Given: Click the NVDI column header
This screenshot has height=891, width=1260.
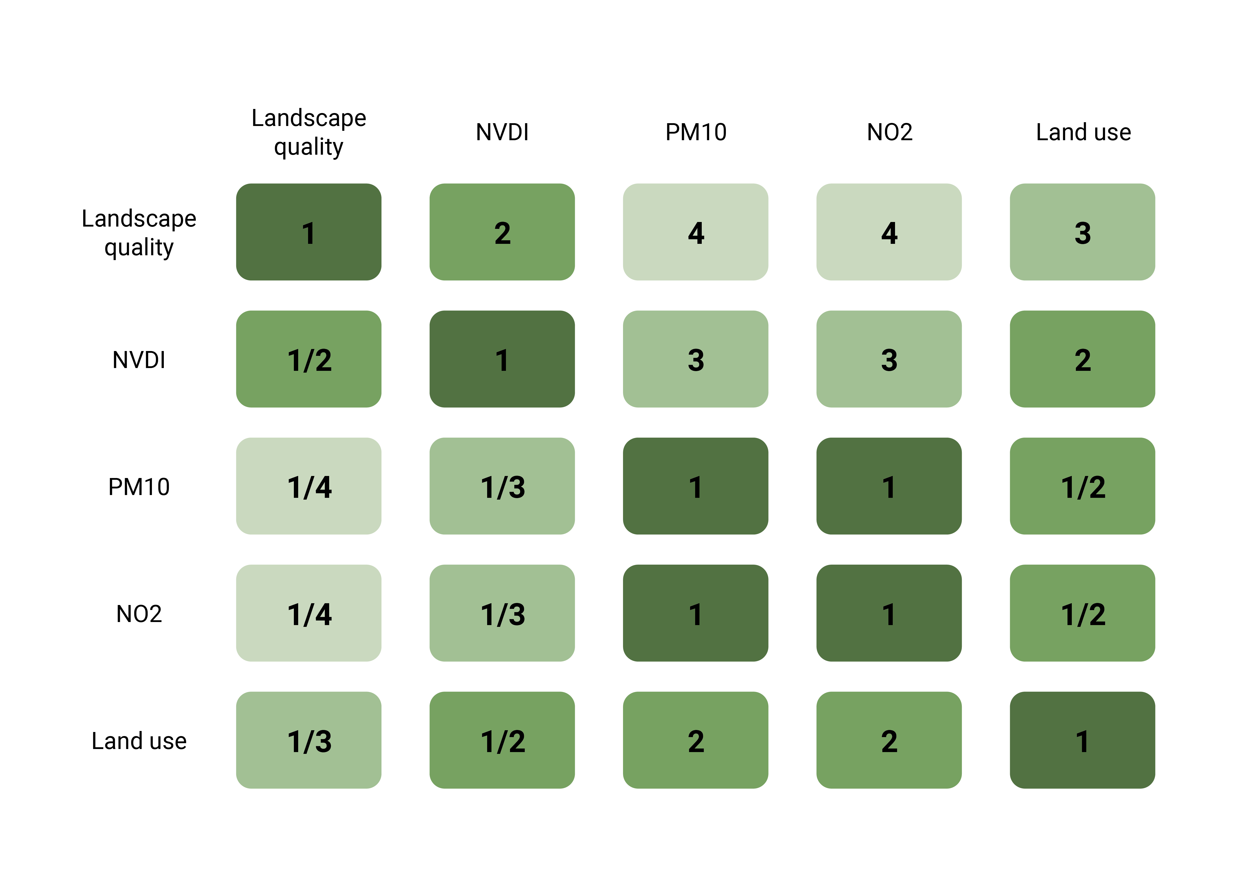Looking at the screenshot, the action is pos(502,132).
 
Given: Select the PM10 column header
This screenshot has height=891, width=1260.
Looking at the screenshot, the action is pos(696,132).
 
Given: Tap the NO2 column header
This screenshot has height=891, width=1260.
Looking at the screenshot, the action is pos(890,132).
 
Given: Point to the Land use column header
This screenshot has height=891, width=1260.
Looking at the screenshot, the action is pos(1083,132).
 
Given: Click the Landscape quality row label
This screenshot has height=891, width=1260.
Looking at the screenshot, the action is pos(139,233).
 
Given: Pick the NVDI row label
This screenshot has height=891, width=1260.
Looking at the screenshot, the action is pos(139,360).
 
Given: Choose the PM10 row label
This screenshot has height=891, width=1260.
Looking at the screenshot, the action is pos(139,487).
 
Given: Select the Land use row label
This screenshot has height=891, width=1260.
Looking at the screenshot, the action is pos(139,741).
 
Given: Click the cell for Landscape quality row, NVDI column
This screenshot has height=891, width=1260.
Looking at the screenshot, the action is pos(502,232).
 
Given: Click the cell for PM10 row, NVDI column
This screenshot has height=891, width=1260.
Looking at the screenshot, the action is pos(502,486).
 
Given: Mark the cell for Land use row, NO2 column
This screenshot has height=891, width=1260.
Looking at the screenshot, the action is pos(889,740).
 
